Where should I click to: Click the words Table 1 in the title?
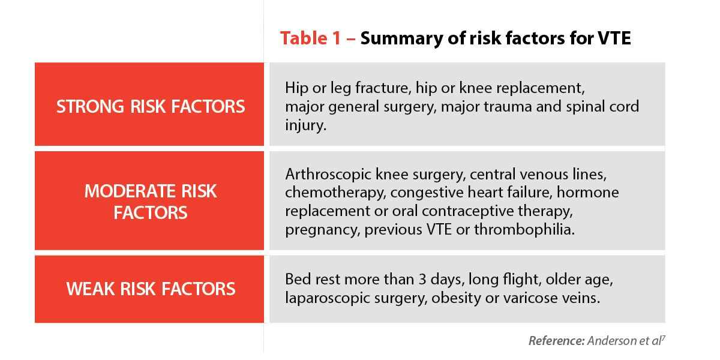pos(310,38)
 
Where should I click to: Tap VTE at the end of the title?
pos(614,38)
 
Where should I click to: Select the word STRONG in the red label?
pos(90,107)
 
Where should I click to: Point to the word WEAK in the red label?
pos(91,289)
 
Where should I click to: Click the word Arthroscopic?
pos(328,175)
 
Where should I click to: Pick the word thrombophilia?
pos(524,229)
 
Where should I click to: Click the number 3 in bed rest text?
pos(422,280)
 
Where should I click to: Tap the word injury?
pos(305,125)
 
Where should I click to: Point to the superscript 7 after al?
pos(663,337)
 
